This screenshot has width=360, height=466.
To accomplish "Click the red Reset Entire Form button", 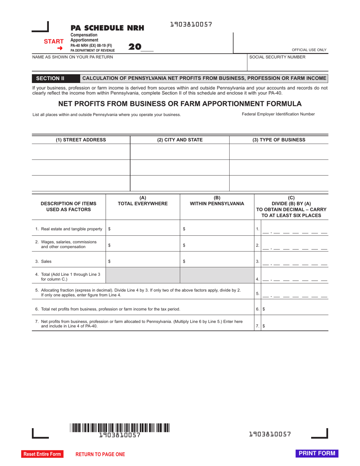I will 42,454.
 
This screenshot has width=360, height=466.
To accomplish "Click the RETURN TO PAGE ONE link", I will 100,454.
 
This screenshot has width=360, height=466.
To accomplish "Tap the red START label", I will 53,42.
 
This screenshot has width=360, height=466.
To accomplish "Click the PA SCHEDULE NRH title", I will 107,28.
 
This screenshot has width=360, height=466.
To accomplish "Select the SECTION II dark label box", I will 50,78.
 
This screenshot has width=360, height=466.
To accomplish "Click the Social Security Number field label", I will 277,57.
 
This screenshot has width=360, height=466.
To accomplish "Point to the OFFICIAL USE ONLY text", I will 309,50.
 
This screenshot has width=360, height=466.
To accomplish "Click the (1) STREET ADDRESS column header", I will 81,140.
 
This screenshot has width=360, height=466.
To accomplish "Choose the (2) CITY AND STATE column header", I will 180,140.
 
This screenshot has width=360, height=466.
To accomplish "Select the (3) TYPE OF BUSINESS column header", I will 279,140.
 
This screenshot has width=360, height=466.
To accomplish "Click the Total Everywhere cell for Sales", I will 143,261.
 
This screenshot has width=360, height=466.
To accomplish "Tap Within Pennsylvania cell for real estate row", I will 217,229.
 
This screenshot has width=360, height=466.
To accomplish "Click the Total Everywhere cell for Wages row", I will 143,245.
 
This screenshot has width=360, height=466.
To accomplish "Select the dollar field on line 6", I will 295,309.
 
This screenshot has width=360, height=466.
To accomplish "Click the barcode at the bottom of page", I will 120,428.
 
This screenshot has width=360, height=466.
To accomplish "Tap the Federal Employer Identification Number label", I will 278,114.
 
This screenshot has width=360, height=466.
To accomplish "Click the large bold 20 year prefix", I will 135,47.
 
